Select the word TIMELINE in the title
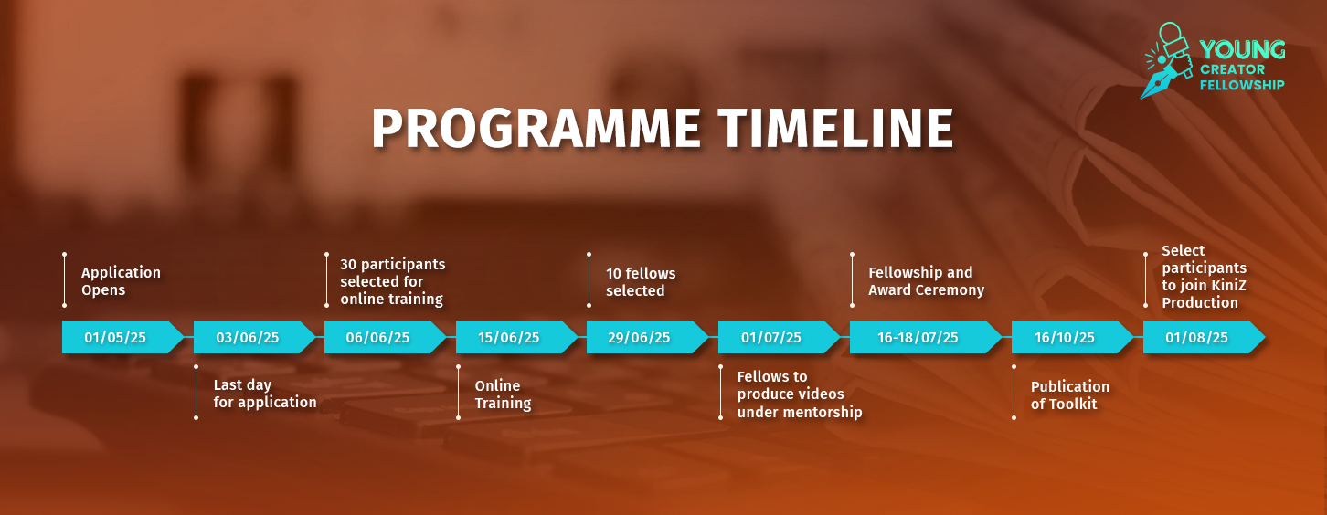836,129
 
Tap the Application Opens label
121,281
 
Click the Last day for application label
265,394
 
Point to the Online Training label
503,394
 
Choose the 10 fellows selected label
641,282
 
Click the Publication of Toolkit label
1070,395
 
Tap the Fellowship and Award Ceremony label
926,281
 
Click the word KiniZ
1228,285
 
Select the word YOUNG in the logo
1242,50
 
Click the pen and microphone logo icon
1167,60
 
